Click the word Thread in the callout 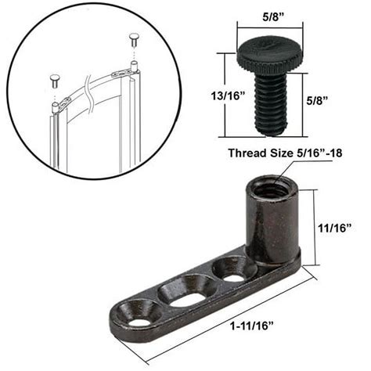pos(248,153)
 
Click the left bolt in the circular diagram pos(55,79)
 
